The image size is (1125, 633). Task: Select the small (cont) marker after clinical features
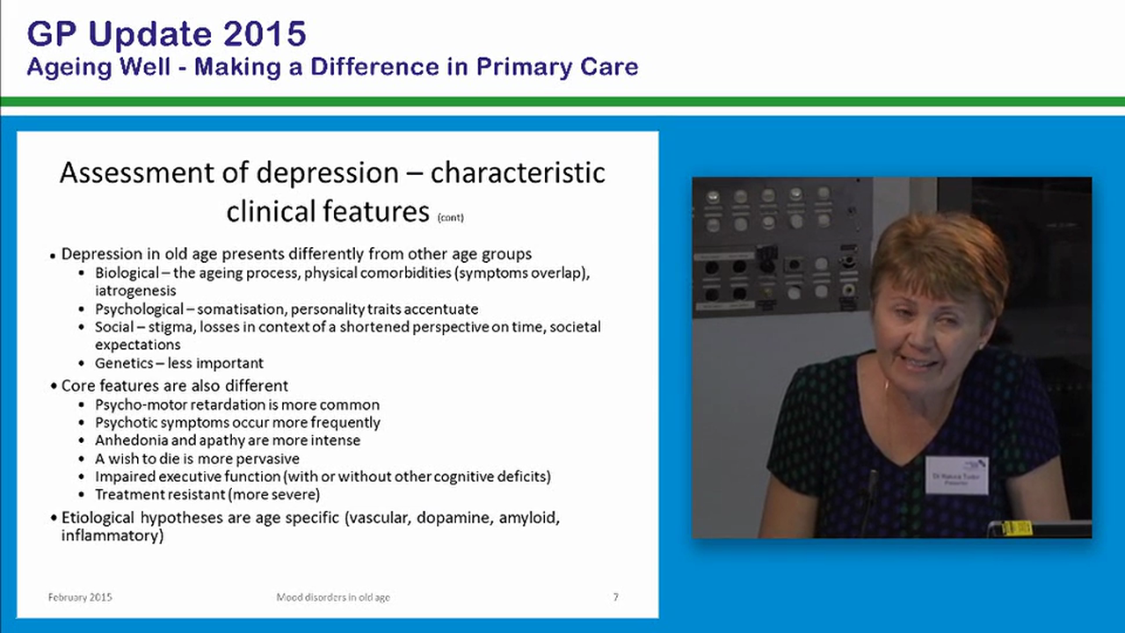coord(449,216)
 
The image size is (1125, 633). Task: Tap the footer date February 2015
coord(80,598)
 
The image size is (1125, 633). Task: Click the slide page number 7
coord(615,598)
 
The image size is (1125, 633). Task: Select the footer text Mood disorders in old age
coord(333,598)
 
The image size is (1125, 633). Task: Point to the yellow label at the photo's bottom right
coord(1017,527)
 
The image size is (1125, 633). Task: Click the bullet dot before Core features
coord(54,387)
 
